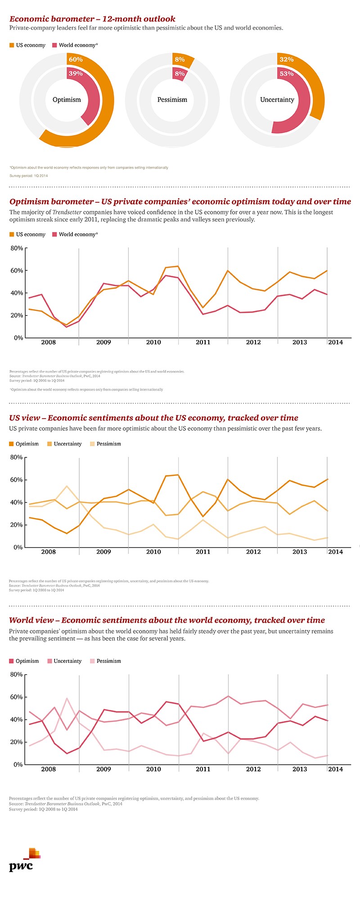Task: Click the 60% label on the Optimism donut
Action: [x=76, y=59]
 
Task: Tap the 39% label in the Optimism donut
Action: [x=76, y=73]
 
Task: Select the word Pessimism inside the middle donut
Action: [x=172, y=100]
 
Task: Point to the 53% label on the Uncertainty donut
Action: [x=287, y=73]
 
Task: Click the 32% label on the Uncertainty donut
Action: [x=287, y=59]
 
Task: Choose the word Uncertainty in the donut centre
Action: [x=277, y=100]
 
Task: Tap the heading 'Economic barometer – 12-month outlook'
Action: [x=92, y=19]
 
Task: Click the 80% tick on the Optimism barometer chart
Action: [x=17, y=248]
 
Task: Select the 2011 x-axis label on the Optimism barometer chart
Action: [x=203, y=342]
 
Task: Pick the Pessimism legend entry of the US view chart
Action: [x=108, y=444]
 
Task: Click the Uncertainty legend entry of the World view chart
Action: [x=67, y=661]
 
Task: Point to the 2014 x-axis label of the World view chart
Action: [x=335, y=769]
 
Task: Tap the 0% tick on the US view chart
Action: [x=18, y=548]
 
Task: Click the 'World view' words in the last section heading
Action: [x=33, y=621]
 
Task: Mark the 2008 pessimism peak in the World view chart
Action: [x=67, y=698]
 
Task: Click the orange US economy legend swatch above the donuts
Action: [x=12, y=45]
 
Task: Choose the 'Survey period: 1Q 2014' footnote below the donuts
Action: [x=28, y=176]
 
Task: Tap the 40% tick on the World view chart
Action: [x=17, y=720]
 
